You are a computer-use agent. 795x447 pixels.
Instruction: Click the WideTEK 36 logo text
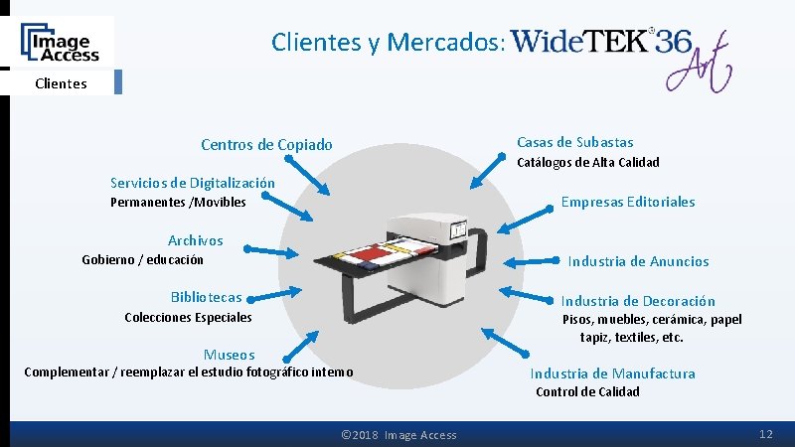[602, 42]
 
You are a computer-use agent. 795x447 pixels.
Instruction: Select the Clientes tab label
[61, 83]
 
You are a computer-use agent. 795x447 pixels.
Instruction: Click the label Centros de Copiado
[266, 145]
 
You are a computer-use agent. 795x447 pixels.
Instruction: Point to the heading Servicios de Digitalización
[193, 183]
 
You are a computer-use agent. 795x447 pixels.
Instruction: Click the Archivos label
[196, 240]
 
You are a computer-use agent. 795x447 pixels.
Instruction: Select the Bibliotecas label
[206, 297]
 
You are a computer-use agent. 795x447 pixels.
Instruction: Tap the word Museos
[230, 355]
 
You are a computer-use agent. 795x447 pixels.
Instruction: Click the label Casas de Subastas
[574, 142]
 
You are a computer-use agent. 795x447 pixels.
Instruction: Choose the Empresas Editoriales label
[628, 202]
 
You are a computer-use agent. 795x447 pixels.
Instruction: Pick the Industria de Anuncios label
[638, 261]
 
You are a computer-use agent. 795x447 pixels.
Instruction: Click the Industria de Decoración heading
[638, 301]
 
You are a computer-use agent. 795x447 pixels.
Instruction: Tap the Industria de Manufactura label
[612, 373]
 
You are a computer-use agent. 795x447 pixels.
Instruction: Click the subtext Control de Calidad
[587, 391]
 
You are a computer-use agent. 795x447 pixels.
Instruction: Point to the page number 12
[765, 435]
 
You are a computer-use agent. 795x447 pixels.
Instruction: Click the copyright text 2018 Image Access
[398, 435]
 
